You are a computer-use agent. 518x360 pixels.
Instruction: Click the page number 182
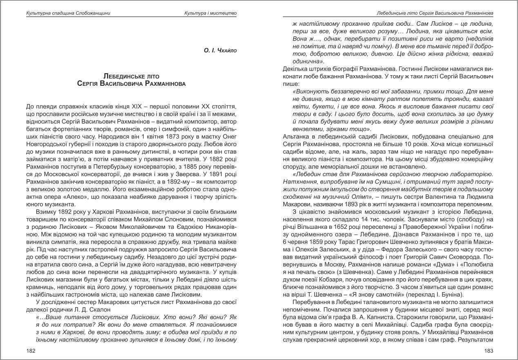tap(30, 350)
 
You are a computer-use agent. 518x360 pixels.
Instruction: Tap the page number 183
tap(489, 350)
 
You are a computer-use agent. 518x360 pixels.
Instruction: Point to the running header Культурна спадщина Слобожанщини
tap(68, 13)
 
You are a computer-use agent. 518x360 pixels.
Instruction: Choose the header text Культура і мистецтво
tap(210, 13)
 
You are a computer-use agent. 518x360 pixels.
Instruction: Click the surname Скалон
tap(100, 309)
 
